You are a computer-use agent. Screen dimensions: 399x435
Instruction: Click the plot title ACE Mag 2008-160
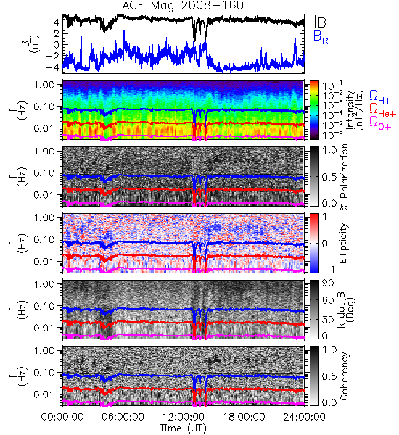click(183, 6)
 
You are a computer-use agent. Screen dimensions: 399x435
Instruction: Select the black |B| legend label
click(322, 22)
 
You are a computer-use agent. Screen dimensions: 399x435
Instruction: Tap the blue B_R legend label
click(321, 37)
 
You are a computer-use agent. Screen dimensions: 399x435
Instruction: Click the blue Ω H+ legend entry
click(380, 97)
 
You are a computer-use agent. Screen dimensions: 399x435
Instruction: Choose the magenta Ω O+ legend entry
click(380, 123)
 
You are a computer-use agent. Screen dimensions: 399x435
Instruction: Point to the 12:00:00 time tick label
click(184, 417)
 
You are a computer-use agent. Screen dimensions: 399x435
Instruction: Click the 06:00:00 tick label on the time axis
click(123, 417)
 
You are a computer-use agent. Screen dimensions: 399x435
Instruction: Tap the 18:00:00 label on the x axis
click(244, 417)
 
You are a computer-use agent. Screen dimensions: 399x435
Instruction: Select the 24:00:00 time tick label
click(304, 417)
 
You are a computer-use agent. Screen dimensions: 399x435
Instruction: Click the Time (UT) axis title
click(183, 428)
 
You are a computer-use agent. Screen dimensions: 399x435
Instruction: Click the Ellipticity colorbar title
click(343, 243)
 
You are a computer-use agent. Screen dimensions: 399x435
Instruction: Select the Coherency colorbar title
click(344, 376)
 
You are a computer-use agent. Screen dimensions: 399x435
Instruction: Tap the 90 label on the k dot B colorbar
click(328, 283)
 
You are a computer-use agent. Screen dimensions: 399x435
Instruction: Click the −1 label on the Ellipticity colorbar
click(328, 270)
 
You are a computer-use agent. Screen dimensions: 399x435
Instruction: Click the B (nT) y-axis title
click(30, 43)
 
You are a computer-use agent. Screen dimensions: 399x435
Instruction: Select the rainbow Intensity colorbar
click(314, 110)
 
